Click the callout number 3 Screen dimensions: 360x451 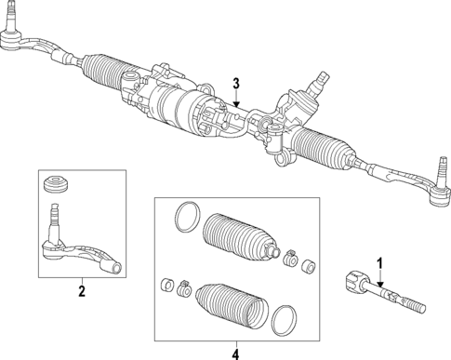coord(237,83)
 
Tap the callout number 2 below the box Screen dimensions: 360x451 coord(81,292)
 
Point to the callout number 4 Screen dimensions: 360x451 coord(234,353)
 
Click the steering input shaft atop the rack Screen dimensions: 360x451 coord(322,80)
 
